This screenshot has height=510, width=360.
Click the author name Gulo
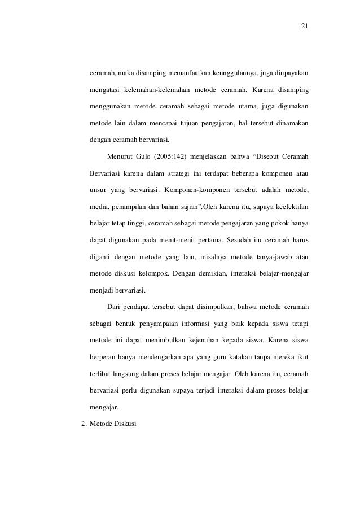point(150,155)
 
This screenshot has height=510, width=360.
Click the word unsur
point(99,188)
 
